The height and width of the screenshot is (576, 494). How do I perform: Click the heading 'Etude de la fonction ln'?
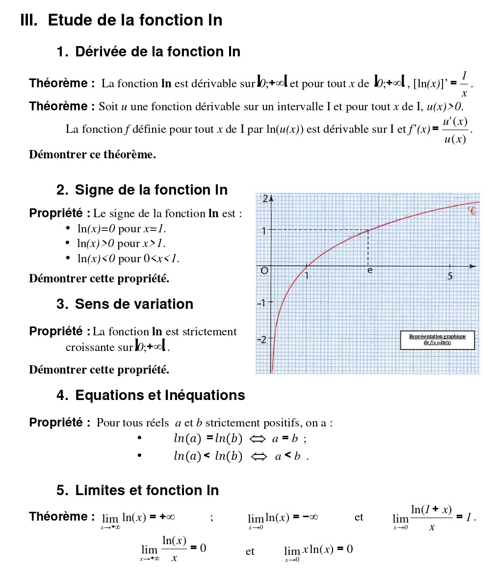click(x=135, y=21)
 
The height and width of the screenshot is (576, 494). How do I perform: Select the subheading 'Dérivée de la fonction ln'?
click(x=157, y=52)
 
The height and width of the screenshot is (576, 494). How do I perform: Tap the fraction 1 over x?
click(x=464, y=84)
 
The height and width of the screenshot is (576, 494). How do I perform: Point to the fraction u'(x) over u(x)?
click(x=455, y=130)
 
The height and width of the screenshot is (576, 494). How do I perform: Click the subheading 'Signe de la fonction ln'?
click(x=151, y=190)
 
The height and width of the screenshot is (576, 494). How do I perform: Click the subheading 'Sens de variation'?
click(x=134, y=304)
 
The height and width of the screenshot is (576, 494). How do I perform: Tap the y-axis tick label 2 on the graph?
click(x=265, y=199)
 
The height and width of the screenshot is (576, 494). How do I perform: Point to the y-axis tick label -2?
click(x=262, y=339)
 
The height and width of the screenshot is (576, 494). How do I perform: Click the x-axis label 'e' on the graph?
click(x=370, y=271)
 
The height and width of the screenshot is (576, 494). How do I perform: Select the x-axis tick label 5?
click(x=450, y=276)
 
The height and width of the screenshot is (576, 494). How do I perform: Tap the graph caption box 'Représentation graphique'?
click(x=437, y=339)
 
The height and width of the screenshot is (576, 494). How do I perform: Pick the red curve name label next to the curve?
click(x=472, y=212)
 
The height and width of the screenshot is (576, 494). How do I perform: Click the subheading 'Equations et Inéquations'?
click(x=160, y=396)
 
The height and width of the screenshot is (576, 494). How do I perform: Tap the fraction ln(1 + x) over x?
click(x=431, y=518)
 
